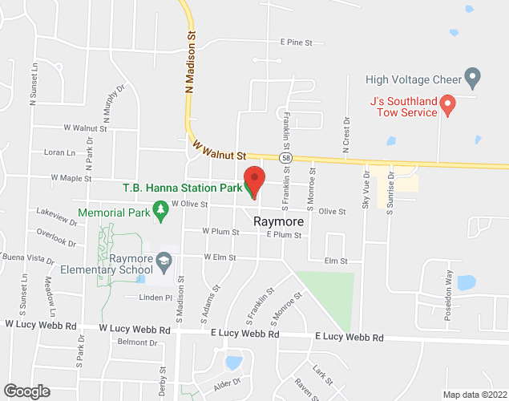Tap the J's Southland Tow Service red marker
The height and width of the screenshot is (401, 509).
click(449, 103)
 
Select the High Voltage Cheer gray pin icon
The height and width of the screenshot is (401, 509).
click(473, 79)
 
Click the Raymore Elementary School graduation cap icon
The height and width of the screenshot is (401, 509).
click(164, 260)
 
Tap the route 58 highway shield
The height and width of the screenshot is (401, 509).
click(285, 160)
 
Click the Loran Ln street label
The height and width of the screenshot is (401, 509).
click(59, 152)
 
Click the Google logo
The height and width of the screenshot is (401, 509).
click(26, 391)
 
